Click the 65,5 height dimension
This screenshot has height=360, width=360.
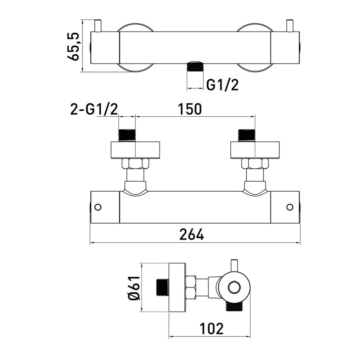(73, 47)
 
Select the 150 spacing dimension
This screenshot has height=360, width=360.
(190, 109)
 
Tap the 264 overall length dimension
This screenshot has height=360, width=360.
(192, 234)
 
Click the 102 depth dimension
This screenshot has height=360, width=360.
(212, 328)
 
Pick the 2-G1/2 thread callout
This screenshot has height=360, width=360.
(94, 109)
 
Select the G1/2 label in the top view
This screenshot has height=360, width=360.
(222, 85)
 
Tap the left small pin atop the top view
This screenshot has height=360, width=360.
(98, 26)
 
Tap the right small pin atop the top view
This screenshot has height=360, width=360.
(289, 26)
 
